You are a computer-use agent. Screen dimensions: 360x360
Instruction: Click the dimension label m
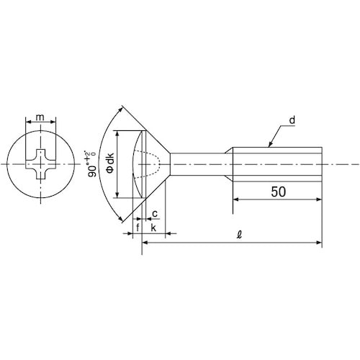40,117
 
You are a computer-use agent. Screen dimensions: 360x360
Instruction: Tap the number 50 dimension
279,192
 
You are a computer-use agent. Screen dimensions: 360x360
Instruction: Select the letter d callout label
292,120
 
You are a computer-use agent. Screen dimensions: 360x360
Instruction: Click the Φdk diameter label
110,163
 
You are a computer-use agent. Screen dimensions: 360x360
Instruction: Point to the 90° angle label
91,164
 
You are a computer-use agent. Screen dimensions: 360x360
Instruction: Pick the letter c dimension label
155,213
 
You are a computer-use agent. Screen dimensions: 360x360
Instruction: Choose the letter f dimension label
138,228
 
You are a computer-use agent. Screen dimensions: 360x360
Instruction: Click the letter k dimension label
153,228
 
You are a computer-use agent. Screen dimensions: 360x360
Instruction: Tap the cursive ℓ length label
239,234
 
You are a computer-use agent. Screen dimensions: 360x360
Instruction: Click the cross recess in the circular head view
41,164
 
